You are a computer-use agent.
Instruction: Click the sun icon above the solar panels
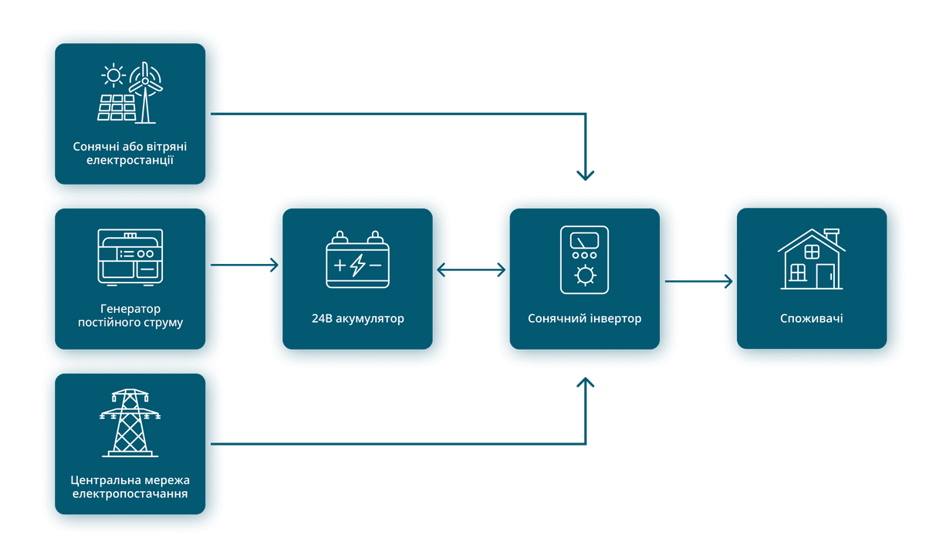(113, 76)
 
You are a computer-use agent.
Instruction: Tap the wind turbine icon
(146, 93)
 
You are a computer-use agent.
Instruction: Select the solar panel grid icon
(117, 107)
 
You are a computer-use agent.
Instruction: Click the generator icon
(130, 257)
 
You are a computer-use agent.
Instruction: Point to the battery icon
(357, 259)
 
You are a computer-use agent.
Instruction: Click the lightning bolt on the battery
(357, 265)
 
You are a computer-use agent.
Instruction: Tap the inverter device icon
(584, 259)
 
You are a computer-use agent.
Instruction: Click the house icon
(812, 259)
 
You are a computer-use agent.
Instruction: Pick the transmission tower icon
(130, 423)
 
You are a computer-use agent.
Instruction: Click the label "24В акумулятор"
(357, 318)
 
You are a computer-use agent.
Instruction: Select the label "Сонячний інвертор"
(585, 318)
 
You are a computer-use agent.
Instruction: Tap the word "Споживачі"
(812, 318)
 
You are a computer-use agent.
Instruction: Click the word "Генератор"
(130, 309)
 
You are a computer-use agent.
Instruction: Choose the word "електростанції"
(130, 160)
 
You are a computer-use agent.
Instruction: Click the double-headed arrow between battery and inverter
(471, 270)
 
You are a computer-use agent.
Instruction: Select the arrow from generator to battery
(245, 265)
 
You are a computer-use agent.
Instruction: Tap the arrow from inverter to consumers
(698, 281)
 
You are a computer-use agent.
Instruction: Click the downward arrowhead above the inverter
(586, 175)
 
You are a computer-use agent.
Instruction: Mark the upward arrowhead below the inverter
(586, 383)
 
